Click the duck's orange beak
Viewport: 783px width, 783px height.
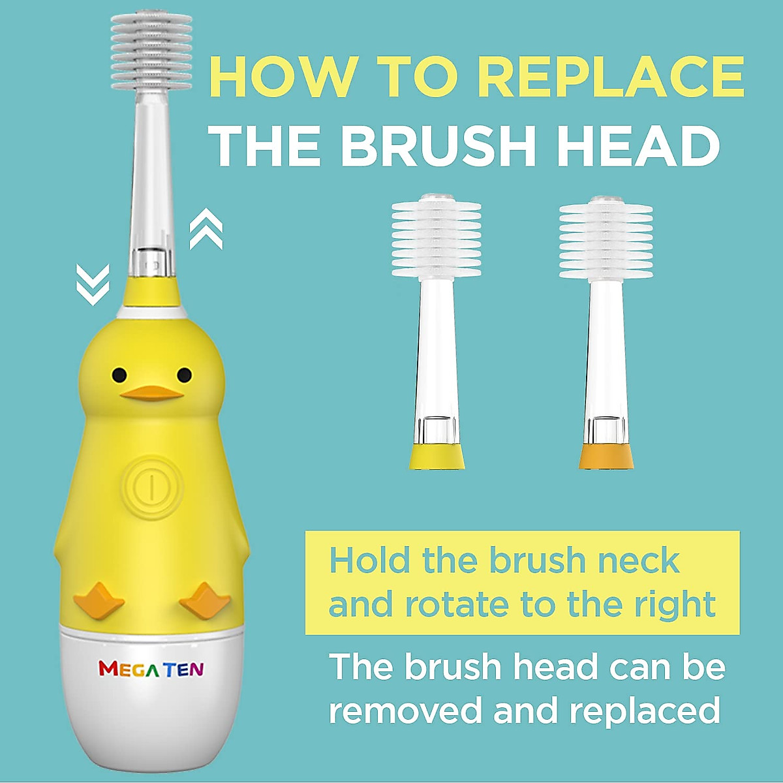[x=151, y=393]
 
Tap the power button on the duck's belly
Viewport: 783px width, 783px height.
[x=151, y=487]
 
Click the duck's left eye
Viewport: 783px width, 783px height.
[x=119, y=375]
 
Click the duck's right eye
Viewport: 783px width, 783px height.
[x=185, y=375]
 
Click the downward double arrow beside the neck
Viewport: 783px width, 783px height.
[x=93, y=284]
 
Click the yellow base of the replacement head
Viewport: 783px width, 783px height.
[x=437, y=456]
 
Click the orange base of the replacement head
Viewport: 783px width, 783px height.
[x=606, y=456]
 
